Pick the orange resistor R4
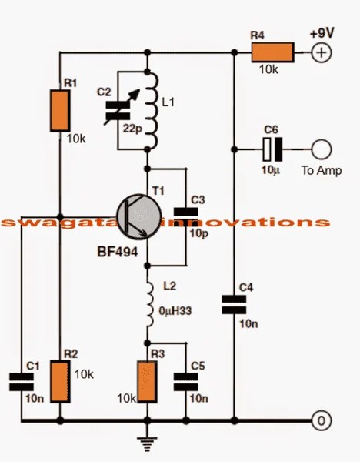click(272, 52)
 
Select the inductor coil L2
click(148, 301)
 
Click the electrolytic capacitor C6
click(272, 148)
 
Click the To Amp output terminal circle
click(320, 148)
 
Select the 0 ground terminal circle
click(320, 420)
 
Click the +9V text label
click(322, 34)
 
